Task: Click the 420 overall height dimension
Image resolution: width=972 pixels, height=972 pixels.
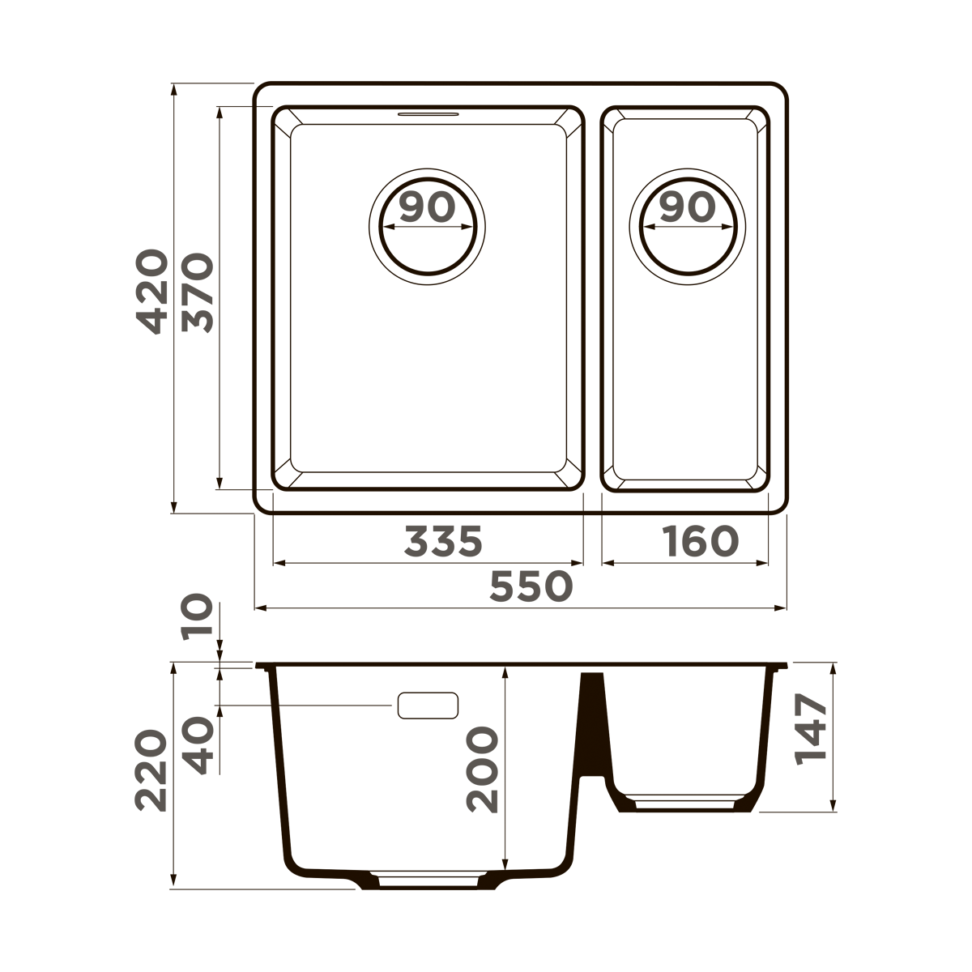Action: [x=151, y=292]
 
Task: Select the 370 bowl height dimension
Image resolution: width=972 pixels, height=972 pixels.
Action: [x=197, y=292]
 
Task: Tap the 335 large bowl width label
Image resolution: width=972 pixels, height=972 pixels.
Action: [x=443, y=541]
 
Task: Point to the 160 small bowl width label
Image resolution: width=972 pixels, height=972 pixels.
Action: [x=701, y=541]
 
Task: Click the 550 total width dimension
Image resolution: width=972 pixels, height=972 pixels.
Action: [x=531, y=586]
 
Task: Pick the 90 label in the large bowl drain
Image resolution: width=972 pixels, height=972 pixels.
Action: [x=427, y=208]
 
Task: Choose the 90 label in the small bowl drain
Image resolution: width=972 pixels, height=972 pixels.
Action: [x=687, y=208]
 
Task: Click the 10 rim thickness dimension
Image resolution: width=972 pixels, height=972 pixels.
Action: [x=197, y=617]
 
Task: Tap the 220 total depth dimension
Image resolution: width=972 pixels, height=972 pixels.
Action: [x=151, y=770]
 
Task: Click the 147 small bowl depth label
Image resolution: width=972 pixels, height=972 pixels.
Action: [x=811, y=727]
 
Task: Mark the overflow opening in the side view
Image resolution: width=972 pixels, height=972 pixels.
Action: [x=428, y=706]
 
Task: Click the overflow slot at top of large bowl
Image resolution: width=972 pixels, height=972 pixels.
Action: [x=428, y=113]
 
